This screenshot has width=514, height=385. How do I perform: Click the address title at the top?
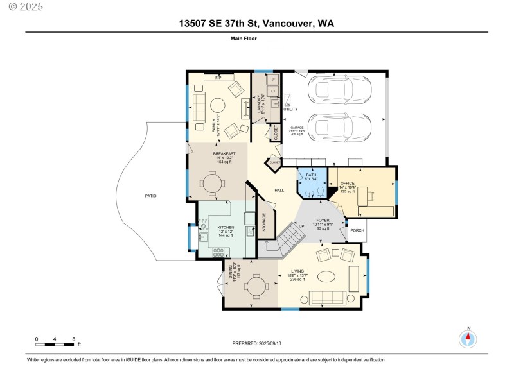[x=256, y=24]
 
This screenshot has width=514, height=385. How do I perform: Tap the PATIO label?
[x=150, y=196]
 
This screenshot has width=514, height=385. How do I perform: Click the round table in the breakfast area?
[x=213, y=182]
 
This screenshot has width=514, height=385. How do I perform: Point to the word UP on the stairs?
[x=301, y=225]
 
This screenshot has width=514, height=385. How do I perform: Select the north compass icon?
[x=468, y=338]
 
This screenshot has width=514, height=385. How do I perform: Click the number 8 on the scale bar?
[x=74, y=338]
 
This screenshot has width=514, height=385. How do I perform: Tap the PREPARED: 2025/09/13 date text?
[x=257, y=343]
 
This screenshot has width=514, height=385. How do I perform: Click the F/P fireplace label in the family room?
[x=218, y=78]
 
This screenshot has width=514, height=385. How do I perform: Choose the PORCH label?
[x=357, y=230]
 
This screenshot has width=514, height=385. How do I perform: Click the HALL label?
[x=279, y=190]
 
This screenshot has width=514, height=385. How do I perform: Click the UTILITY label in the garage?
[x=290, y=110]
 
